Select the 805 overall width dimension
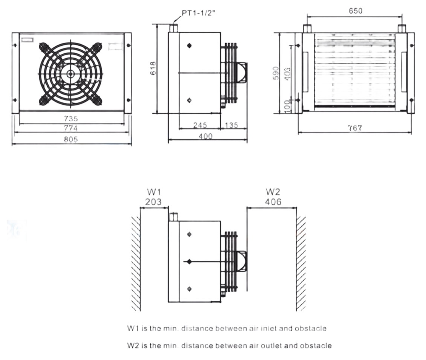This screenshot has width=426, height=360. click(71, 139)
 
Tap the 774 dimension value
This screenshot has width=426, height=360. click(71, 128)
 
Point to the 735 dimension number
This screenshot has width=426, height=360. click(71, 119)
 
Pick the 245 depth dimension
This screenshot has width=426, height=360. click(200, 125)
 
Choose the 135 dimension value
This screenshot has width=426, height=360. click(232, 125)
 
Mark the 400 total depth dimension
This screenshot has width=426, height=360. click(206, 136)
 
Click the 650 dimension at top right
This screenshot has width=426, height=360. click(355, 11)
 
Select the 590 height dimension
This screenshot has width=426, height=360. click(276, 73)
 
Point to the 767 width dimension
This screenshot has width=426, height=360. click(355, 128)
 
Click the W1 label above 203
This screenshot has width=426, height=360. click(154, 192)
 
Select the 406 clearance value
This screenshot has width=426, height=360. click(273, 202)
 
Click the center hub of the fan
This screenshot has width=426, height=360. click(71, 73)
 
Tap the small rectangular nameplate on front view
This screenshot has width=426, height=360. click(27, 40)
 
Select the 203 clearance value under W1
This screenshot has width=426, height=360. click(154, 202)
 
